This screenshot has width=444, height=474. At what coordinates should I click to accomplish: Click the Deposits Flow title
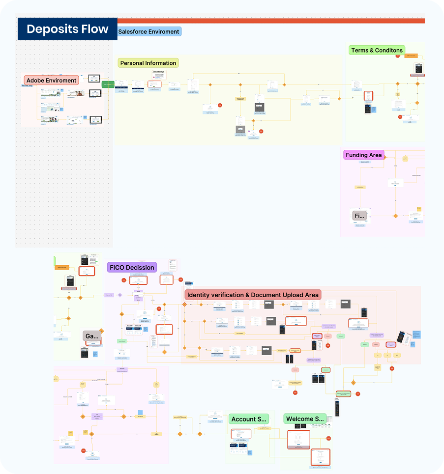coord(67,29)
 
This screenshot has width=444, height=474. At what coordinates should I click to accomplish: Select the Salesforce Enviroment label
coord(148,31)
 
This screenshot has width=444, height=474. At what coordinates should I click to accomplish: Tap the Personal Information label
coord(148,63)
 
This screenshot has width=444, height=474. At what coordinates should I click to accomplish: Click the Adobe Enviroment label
coord(51,80)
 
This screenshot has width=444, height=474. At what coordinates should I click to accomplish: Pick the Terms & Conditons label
coord(377,50)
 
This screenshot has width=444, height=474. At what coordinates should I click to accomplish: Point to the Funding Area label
coord(363,155)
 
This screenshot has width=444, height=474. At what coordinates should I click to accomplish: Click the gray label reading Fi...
coord(359,216)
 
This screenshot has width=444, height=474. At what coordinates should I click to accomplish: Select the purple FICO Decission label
coord(132,267)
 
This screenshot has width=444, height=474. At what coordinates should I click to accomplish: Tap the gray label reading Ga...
coord(92,336)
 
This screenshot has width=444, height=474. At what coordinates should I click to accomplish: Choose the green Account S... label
coord(249,419)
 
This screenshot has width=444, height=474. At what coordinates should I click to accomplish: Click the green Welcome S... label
coord(305,419)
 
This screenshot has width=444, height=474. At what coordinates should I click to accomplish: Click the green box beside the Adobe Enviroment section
coord(108,84)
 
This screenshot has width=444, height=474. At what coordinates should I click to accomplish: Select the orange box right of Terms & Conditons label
coord(412,56)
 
